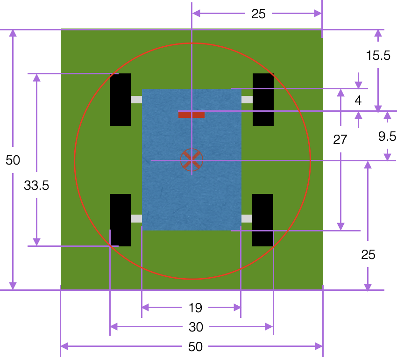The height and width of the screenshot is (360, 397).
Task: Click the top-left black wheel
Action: point(120,100)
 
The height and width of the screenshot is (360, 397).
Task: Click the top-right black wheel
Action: point(263,100)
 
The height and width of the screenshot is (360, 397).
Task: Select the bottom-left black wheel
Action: point(120,220)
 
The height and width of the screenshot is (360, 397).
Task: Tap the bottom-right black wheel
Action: point(262,220)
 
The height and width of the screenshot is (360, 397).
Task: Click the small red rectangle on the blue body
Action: point(191,115)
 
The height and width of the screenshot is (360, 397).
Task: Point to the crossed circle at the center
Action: point(191,160)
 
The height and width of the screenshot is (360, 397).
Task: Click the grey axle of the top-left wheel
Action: point(136,100)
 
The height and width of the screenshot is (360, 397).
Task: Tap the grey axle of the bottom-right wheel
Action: point(247,218)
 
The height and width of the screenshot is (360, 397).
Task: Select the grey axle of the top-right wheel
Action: point(247,100)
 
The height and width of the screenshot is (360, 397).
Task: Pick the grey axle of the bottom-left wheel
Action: point(136,218)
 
